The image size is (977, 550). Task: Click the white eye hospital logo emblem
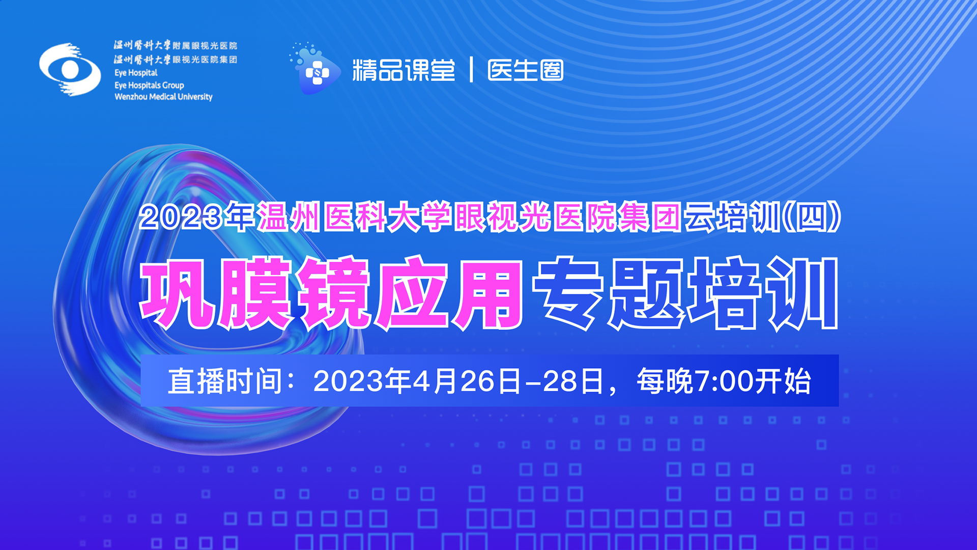(x=70, y=69)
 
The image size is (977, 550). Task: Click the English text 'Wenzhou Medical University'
(x=163, y=97)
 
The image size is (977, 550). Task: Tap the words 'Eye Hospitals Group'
(x=149, y=85)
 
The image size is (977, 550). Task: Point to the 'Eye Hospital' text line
(x=136, y=73)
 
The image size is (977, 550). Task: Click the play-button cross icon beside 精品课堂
(x=315, y=70)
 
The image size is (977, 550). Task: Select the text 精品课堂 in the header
(x=404, y=70)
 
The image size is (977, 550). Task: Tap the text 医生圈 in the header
(x=526, y=70)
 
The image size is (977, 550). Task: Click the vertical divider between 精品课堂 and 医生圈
(x=471, y=70)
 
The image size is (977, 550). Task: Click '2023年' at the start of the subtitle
(x=197, y=217)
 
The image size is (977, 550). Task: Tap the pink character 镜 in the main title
(x=334, y=293)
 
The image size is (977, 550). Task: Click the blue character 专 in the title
(x=569, y=293)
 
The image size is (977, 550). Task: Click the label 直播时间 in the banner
(x=225, y=381)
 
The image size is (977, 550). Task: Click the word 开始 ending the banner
(x=783, y=381)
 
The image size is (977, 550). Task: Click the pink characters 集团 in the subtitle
(x=649, y=217)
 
